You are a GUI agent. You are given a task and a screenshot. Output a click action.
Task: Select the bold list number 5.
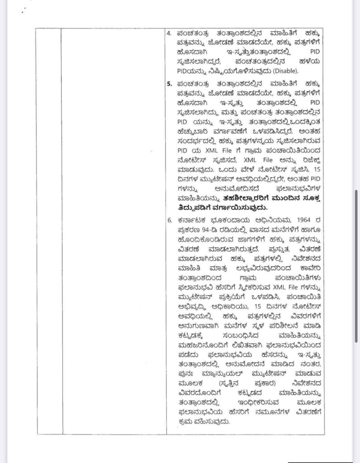point(169,84)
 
